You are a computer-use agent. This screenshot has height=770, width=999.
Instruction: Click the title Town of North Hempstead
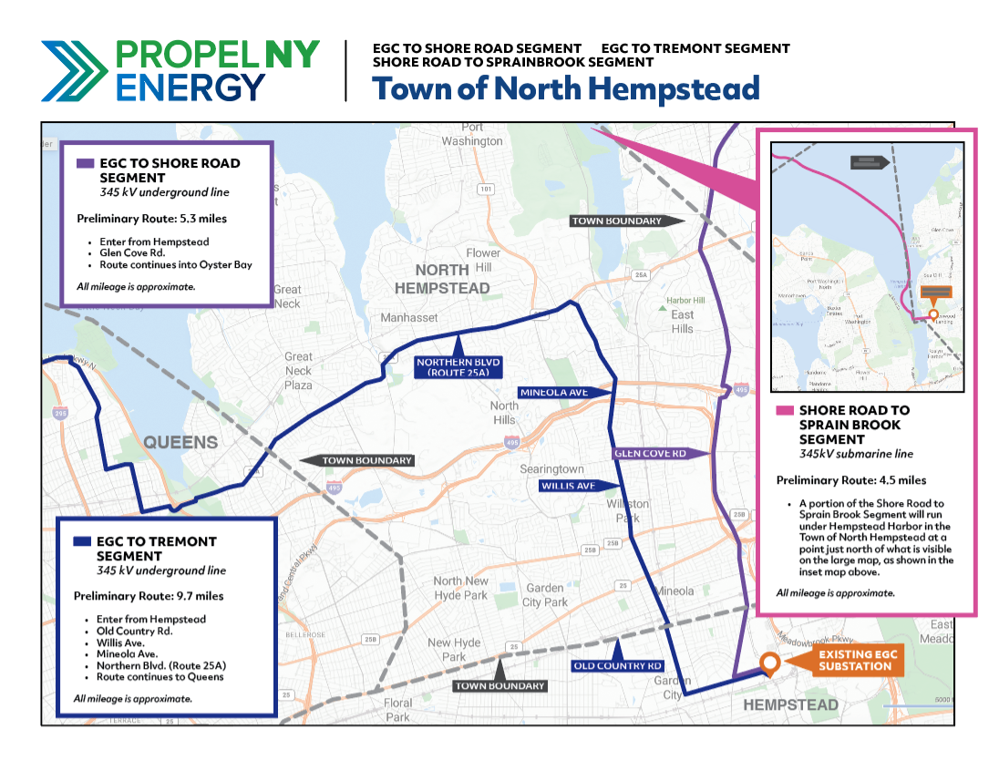[x=565, y=88]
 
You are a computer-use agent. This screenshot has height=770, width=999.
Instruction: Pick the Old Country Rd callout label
[x=617, y=665]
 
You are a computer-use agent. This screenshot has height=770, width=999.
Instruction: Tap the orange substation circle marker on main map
[x=769, y=663]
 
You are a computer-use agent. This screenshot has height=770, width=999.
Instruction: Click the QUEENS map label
[x=180, y=443]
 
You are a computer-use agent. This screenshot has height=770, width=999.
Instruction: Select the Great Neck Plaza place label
[x=298, y=371]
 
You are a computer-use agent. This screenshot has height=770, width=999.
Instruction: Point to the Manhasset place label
[x=408, y=318]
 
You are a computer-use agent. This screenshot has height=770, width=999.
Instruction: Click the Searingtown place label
[x=551, y=468]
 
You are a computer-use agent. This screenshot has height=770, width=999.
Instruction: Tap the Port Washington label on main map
[x=471, y=135]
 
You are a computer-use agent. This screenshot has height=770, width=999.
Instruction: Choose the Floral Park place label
[x=397, y=710]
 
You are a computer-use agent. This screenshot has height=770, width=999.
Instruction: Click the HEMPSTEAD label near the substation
[x=790, y=705]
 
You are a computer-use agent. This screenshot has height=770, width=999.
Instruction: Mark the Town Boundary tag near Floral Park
[x=500, y=685]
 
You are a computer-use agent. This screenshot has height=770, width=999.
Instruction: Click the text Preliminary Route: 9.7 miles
[x=149, y=596]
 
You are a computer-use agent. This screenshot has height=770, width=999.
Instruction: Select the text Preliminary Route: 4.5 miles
[x=850, y=480]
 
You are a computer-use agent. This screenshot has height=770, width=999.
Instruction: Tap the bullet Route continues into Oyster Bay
[x=176, y=265]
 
